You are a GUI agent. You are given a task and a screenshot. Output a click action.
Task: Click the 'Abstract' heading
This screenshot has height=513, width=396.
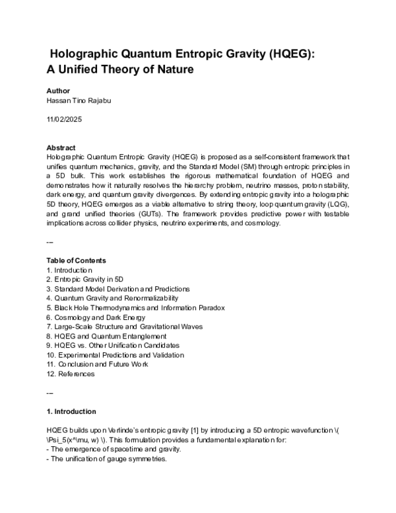61,147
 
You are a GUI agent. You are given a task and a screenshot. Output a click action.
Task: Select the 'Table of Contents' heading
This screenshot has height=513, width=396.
76,260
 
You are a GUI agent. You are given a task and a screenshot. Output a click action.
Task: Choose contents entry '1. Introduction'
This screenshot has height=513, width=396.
69,270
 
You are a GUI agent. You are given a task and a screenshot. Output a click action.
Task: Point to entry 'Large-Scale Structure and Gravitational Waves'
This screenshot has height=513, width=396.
125,327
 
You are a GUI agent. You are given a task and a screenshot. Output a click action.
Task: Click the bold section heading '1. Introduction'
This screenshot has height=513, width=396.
71,411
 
